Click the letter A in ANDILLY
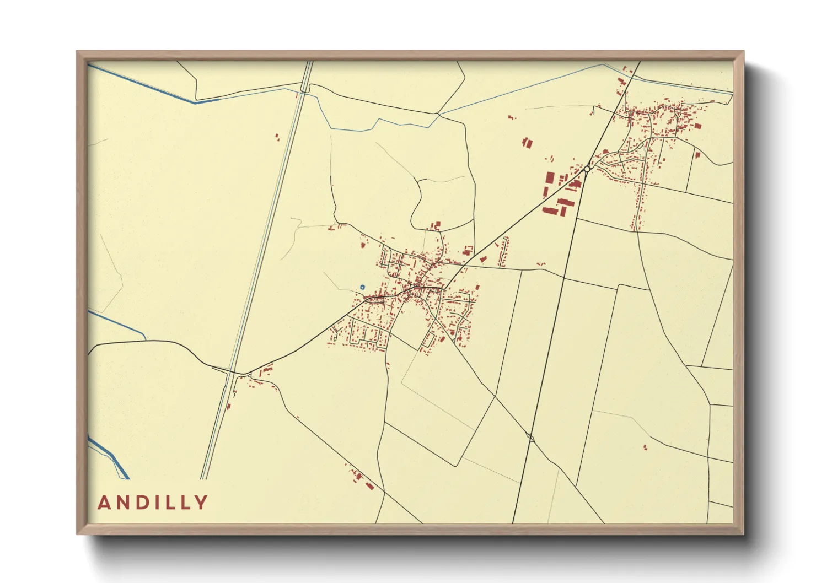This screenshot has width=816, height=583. tap(104, 503)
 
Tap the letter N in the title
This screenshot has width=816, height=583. tap(125, 503)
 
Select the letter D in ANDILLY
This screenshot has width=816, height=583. tap(146, 503)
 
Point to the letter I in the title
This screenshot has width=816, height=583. tap(160, 503)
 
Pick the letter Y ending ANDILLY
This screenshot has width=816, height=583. tap(202, 503)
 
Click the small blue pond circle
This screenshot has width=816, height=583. tap(362, 287)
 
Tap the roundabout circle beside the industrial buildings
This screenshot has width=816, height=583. tap(587, 169)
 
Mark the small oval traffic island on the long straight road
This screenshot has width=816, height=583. tap(531, 438)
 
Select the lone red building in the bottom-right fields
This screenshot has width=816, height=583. tap(645, 447)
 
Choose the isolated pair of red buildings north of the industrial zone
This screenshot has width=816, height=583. tap(527, 143)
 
